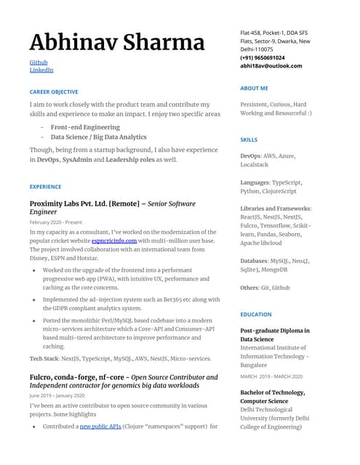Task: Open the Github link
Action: click(39, 62)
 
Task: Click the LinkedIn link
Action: click(41, 70)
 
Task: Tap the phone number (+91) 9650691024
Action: click(263, 57)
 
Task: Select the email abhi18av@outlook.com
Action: click(271, 66)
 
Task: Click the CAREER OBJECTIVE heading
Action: click(54, 92)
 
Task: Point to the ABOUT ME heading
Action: click(254, 88)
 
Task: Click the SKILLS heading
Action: click(249, 139)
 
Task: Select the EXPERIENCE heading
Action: click(45, 187)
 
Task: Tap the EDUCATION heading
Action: click(256, 315)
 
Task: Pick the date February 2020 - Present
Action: click(56, 222)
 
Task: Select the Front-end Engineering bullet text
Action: click(85, 127)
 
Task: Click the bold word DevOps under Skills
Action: click(251, 155)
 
